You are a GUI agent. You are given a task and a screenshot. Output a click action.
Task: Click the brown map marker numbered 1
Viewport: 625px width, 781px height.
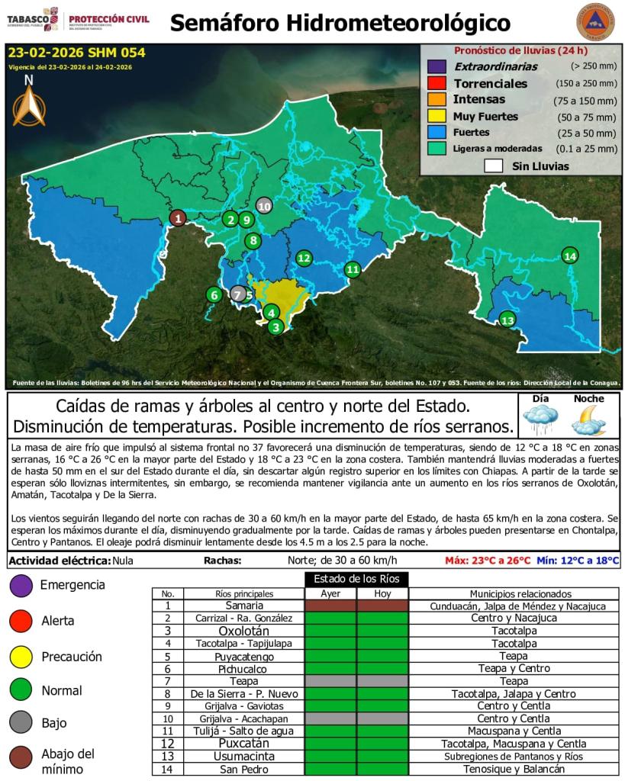coord(177,219)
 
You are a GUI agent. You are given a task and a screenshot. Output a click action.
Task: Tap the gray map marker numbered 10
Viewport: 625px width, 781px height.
coord(264,205)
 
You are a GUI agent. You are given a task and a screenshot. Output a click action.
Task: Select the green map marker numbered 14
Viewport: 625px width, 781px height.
coord(569,256)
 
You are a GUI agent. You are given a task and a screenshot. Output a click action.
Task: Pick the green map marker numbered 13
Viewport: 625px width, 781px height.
coord(507,320)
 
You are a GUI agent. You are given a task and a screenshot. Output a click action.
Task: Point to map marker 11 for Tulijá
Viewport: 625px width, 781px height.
coord(352,268)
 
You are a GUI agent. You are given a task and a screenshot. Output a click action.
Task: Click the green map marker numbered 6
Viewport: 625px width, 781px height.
coord(214,294)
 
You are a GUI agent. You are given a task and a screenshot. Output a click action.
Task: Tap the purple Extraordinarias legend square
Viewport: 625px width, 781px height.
coord(437,66)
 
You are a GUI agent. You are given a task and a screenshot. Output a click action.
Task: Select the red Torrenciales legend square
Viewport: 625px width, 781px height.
coord(437,83)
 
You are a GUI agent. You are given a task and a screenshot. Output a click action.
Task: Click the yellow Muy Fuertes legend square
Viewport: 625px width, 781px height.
coord(437,116)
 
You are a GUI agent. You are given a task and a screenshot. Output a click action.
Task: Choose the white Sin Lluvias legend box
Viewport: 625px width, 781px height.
coord(493,166)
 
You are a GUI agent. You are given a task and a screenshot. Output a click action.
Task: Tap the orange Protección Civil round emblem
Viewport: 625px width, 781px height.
coord(596,23)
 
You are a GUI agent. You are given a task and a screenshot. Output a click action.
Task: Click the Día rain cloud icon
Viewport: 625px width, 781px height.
coord(540,418)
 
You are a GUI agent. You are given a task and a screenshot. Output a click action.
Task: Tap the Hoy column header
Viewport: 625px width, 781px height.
coord(382,593)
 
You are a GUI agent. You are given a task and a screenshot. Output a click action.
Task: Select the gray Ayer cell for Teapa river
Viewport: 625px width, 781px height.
coord(330,681)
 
